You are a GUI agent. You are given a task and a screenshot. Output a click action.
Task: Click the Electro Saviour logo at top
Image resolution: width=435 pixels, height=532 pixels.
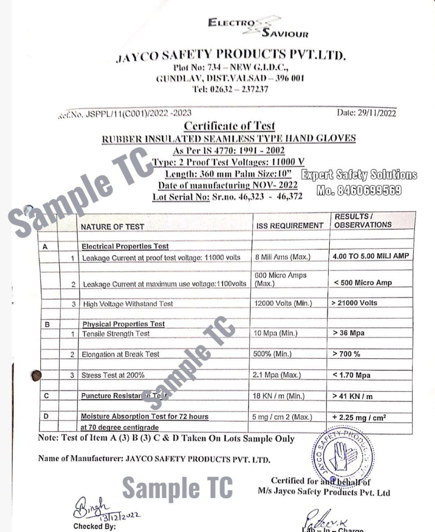(258, 27)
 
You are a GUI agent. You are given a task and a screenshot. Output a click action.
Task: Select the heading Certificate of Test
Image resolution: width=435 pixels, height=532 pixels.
(229, 126)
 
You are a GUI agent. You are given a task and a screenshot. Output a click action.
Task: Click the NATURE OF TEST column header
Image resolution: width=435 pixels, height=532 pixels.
(112, 227)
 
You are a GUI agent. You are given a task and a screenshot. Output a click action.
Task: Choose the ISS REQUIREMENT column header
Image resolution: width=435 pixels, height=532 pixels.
(290, 225)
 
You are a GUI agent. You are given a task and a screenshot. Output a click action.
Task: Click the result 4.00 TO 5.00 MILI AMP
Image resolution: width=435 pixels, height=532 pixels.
(371, 256)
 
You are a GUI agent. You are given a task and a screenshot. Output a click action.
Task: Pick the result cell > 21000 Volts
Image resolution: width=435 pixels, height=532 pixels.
(354, 303)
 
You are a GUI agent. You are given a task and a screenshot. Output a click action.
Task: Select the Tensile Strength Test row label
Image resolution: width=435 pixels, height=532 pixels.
(116, 334)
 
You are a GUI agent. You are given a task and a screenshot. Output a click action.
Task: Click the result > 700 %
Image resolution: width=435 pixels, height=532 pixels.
(346, 354)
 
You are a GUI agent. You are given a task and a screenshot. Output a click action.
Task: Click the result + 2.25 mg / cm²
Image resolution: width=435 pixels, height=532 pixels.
(359, 418)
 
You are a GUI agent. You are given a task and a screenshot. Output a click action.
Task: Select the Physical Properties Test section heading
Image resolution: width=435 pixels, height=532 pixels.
(123, 324)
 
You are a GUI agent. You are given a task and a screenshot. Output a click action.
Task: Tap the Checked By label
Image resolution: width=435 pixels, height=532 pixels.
(94, 526)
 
